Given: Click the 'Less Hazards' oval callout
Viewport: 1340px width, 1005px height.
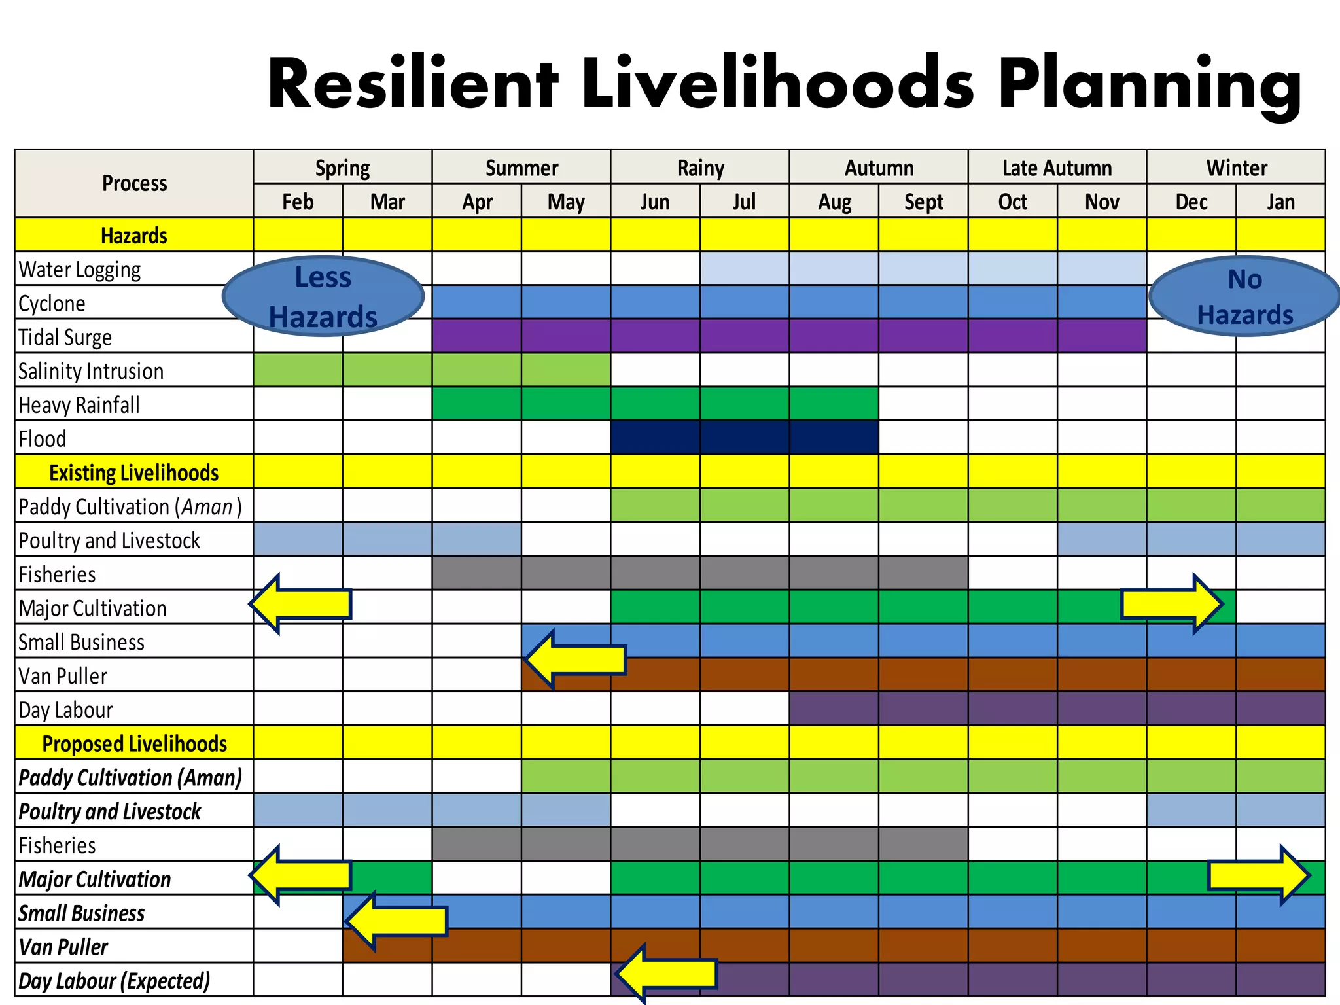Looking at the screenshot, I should point(323,296).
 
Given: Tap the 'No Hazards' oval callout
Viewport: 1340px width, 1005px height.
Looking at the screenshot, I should point(1244,296).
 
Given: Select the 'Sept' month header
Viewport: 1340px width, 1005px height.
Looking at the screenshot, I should point(923,202).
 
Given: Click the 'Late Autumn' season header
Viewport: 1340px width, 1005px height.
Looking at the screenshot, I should point(1057,167).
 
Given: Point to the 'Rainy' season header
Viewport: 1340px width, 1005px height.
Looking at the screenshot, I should point(700,167).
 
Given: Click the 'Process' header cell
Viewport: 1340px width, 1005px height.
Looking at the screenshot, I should point(134,183).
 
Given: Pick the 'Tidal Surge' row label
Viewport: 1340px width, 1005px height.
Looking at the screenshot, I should point(65,337).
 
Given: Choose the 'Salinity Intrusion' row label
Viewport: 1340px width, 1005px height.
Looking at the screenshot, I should point(91,371).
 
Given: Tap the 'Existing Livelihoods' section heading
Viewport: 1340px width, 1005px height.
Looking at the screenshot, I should point(134,472).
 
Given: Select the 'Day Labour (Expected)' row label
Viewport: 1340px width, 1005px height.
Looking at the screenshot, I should point(115,981).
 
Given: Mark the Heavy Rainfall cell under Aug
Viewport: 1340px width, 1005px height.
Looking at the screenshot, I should point(834,404).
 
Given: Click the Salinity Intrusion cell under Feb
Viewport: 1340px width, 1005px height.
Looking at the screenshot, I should point(298,370).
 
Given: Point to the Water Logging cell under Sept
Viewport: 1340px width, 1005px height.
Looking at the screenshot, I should point(923,268).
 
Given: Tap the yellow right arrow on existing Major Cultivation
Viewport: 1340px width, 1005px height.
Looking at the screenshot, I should point(1171,604).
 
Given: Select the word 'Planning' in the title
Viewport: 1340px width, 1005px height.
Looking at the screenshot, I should point(1150,84).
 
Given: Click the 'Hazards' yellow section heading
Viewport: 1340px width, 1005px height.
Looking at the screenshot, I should point(134,235).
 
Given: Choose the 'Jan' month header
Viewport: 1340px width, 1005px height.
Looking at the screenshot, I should point(1280,202).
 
